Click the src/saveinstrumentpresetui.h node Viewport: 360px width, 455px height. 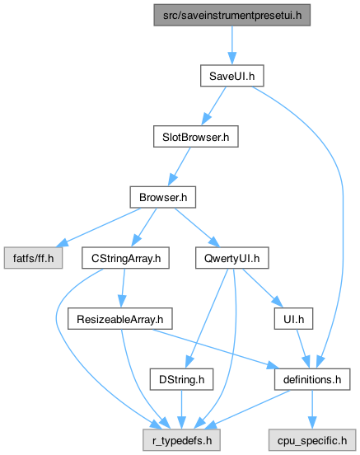point(231,15)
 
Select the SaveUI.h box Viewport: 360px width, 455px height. point(231,76)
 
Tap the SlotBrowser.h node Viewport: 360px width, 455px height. point(196,136)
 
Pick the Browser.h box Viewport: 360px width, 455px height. point(163,197)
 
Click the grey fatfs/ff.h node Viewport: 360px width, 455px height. point(33,258)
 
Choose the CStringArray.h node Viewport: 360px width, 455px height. point(125,258)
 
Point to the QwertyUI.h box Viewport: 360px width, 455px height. point(231,258)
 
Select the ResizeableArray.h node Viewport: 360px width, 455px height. point(119,319)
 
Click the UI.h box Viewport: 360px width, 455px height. point(293,319)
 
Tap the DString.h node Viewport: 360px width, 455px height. point(181,379)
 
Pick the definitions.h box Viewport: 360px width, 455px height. point(312,379)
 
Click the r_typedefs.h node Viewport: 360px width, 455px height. point(181,440)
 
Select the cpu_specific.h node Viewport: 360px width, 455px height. point(312,440)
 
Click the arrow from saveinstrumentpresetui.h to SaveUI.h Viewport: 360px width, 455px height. point(231,45)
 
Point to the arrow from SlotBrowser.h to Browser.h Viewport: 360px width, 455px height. point(179,167)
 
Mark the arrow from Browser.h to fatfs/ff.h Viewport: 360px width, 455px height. point(100,227)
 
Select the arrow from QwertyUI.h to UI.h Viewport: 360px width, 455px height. point(263,288)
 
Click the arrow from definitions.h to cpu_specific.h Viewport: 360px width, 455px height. point(312,410)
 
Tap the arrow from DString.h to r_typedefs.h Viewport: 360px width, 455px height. point(181,410)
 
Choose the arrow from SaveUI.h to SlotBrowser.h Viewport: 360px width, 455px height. point(214,106)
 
